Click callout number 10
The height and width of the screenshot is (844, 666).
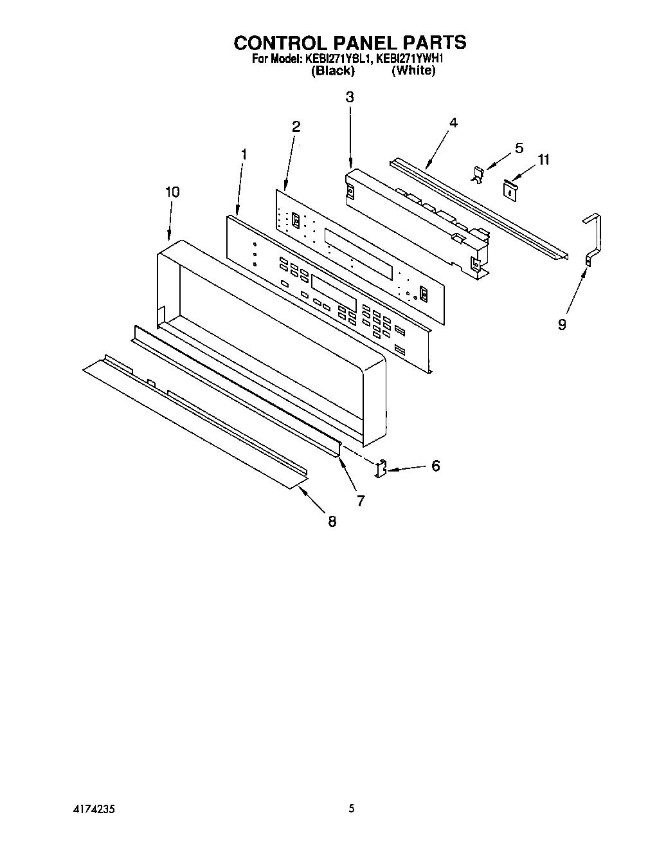pos(172,192)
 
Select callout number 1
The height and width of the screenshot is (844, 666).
pos(244,154)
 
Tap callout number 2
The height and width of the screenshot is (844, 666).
pos(296,127)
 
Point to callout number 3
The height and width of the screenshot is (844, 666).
pos(350,97)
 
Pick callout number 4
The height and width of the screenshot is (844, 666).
pos(453,123)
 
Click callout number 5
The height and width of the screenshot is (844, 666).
pos(519,148)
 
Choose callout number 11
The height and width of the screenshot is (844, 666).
pos(544,160)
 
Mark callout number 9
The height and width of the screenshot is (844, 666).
pos(562,325)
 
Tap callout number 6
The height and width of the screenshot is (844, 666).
pos(435,466)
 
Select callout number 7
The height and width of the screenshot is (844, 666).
pos(361,500)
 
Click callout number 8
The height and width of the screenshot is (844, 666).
pos(332,522)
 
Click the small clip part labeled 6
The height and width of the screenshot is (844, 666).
pos(381,468)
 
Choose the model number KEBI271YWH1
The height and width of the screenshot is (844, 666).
pos(411,59)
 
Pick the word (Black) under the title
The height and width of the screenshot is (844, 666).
pos(332,71)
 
